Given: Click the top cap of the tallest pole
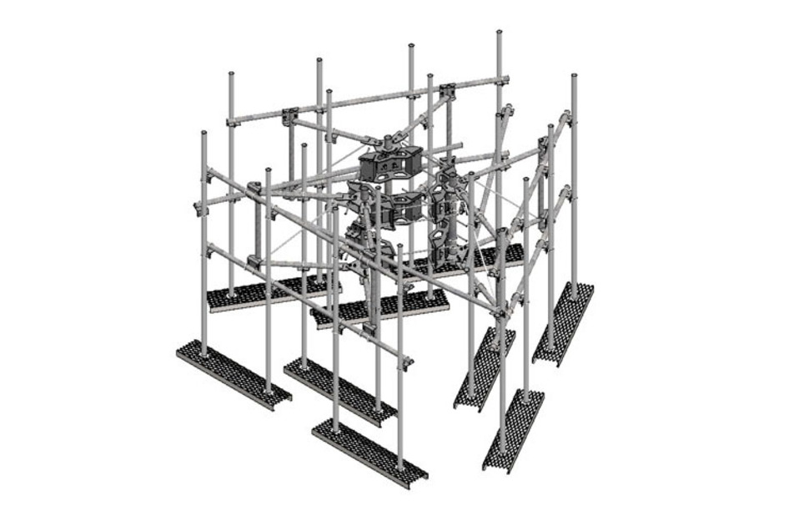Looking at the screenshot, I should coord(499,33).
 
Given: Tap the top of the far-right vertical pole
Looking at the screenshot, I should coord(575,77).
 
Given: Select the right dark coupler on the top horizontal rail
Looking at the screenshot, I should coord(446,89).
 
